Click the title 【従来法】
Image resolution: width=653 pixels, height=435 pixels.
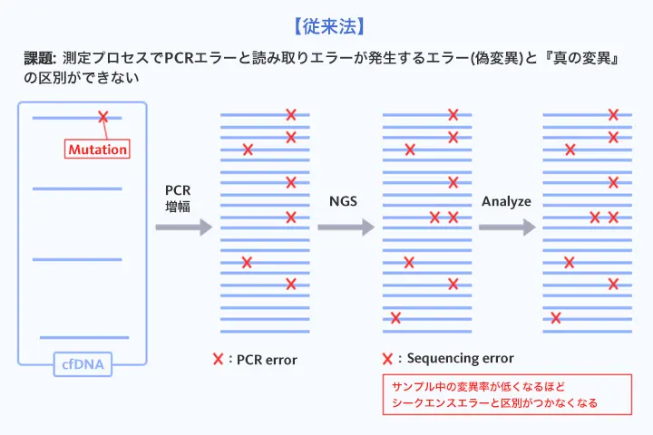[x=326, y=19]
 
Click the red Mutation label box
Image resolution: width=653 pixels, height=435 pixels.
[x=97, y=149]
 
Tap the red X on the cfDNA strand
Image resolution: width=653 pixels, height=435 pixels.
[x=102, y=117]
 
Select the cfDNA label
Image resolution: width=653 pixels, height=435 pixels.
[x=83, y=365]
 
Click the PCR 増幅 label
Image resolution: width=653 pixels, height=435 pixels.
[x=178, y=198]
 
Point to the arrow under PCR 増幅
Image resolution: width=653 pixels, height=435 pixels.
[x=183, y=227]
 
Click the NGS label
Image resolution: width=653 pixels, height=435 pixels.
[x=343, y=200]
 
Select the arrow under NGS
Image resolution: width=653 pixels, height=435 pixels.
[x=346, y=227]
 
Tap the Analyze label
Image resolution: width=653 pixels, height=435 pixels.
[x=506, y=200]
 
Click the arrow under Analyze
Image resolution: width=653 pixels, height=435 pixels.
[x=507, y=227]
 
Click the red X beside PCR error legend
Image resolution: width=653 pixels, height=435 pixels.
[x=218, y=359]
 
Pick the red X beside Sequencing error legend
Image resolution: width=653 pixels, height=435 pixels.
[x=388, y=358]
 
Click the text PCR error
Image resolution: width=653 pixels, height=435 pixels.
[x=267, y=360]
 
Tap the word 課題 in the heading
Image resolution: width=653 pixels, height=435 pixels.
[x=40, y=57]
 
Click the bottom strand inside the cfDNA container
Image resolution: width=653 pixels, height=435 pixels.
[x=84, y=337]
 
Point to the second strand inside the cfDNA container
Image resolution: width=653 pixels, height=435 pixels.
[x=77, y=188]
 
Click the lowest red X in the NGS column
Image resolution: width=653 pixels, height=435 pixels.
[x=395, y=317]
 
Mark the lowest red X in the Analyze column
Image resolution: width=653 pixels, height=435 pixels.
[x=556, y=317]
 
